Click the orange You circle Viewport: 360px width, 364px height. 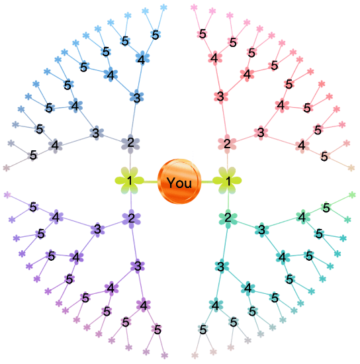tap(179, 181)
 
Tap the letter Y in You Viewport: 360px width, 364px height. tap(171, 183)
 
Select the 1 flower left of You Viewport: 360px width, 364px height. tap(130, 181)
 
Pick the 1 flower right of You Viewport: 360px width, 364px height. tap(227, 181)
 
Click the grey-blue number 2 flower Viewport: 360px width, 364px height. tap(130, 144)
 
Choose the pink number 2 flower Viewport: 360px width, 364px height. tap(227, 144)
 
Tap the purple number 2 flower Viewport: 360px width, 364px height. tap(132, 218)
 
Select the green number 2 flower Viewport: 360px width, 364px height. tap(228, 218)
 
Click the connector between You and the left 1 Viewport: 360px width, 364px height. tap(151, 181)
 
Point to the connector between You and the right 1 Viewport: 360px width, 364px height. tap(207, 181)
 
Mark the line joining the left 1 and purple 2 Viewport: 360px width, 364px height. tap(131, 201)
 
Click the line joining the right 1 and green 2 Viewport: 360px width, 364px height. tap(228, 201)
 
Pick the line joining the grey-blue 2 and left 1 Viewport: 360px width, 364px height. tap(130, 160)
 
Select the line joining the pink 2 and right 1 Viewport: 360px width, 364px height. tap(227, 160)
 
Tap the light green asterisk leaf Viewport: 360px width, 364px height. tap(352, 195)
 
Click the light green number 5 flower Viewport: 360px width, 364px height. tap(326, 207)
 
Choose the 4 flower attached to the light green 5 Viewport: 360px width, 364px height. tap(302, 217)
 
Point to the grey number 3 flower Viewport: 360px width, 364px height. tap(97, 133)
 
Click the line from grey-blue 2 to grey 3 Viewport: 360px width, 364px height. tap(112, 138)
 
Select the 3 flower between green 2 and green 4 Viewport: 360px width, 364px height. tap(262, 230)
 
